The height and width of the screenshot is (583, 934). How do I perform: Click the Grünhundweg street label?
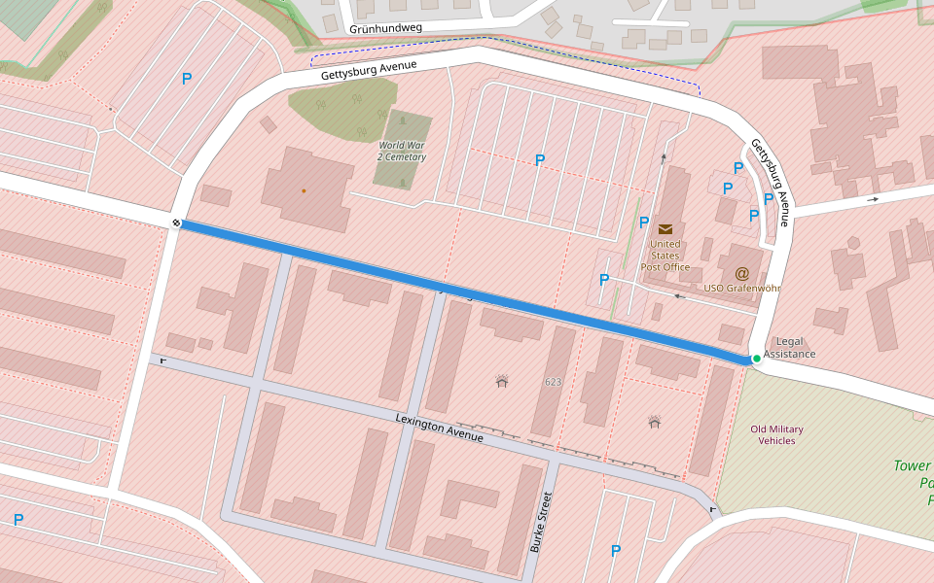point(385,28)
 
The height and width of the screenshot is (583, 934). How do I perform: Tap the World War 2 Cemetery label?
point(402,151)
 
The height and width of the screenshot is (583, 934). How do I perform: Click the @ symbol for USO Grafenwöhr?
point(742,273)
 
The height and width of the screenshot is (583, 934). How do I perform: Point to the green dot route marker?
point(756,359)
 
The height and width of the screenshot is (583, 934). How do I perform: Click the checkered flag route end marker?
point(177,223)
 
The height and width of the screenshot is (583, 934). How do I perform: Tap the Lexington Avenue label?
point(439,428)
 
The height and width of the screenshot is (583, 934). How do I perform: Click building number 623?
point(553,382)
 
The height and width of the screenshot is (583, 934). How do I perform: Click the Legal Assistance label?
point(790,348)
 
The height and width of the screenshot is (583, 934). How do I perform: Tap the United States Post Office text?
point(665,256)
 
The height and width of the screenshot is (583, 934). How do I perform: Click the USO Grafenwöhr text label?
point(743,289)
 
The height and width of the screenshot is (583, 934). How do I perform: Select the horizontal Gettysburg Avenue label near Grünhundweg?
point(369,71)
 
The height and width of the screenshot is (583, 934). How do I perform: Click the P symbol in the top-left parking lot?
point(186,79)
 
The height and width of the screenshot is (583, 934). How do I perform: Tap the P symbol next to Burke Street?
point(615,551)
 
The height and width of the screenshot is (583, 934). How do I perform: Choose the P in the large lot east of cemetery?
point(540,160)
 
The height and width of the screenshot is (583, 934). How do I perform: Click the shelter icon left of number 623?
point(502,381)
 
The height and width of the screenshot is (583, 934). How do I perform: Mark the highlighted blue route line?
point(467,292)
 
